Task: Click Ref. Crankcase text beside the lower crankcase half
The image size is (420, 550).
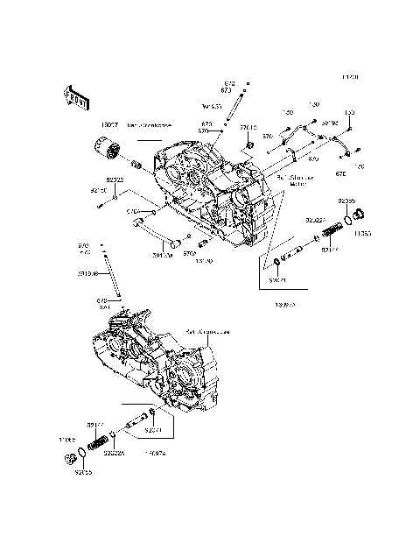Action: (x=207, y=332)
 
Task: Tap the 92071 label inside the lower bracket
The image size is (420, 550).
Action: (x=152, y=431)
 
